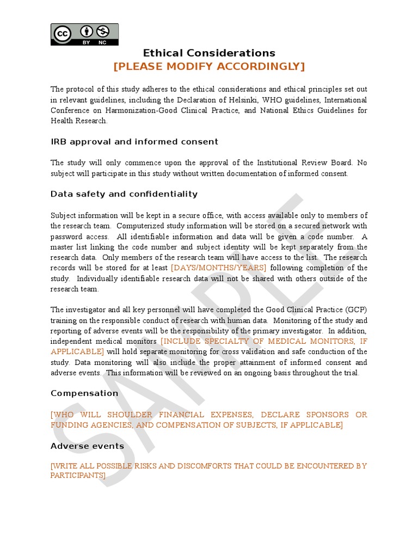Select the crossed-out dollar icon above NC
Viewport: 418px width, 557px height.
103,30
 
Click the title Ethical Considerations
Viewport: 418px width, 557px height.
209,53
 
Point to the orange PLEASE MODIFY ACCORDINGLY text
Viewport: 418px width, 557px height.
209,66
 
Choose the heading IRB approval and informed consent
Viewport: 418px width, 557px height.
134,142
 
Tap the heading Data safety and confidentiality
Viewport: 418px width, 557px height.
124,194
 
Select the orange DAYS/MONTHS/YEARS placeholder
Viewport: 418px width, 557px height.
218,268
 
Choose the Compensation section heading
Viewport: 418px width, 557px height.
84,393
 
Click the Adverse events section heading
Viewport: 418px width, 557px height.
87,446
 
